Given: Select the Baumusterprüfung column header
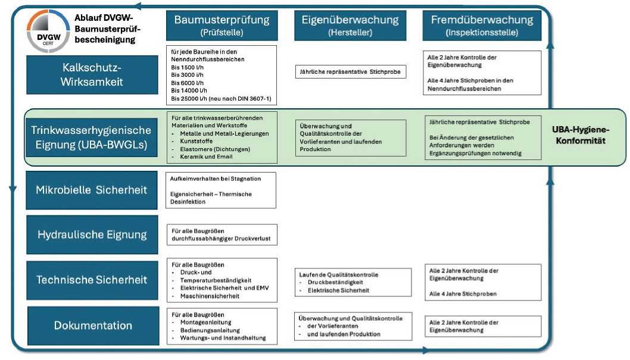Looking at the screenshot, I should pos(222,25).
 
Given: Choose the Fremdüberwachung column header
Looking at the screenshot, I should pos(482,25).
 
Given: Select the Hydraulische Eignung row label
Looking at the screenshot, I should pos(92,234).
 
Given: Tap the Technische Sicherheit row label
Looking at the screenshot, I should pos(92,280).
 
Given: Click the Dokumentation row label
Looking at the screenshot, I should pos(93,325).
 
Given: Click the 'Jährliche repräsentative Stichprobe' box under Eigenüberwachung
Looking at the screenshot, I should pos(350,73).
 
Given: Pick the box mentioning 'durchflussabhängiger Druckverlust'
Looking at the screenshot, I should pos(220,234).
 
